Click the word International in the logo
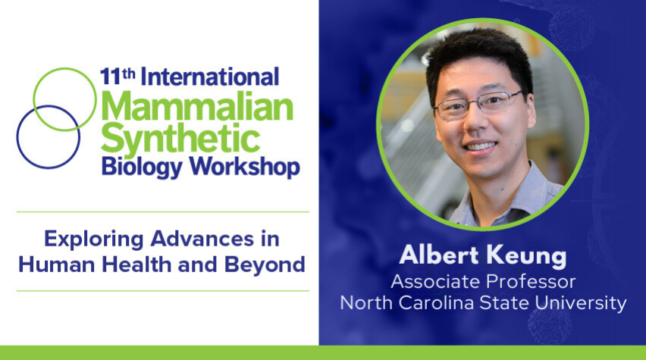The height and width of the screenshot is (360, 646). coord(210,77)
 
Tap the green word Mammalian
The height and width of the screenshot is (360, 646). coord(197,107)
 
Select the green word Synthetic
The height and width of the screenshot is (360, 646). coord(180,138)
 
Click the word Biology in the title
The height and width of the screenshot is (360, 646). coord(142,167)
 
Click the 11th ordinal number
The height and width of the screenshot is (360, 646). coord(118,77)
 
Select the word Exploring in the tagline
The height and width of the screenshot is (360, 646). coord(94,239)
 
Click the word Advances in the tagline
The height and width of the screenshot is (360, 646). coord(202,239)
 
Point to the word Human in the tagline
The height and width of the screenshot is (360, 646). coord(57,265)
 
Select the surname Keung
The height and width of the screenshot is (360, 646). coord(525,256)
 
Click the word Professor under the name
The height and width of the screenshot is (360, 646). coord(531,282)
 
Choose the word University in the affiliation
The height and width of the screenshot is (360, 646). coord(581,304)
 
